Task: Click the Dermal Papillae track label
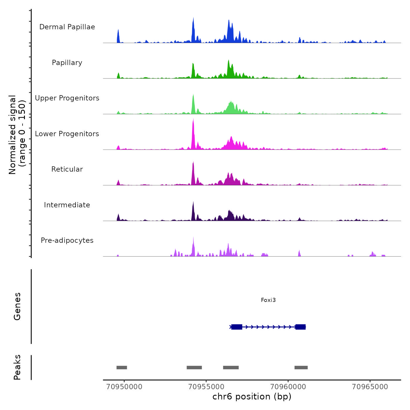point(67,27)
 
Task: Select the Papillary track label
point(67,63)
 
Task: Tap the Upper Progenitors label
point(67,98)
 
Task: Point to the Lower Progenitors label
point(67,134)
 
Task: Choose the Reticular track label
point(67,169)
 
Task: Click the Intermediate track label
point(67,205)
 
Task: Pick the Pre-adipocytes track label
point(67,240)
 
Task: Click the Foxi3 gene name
point(268,300)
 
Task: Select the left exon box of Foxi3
point(237,327)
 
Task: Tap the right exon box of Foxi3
point(300,327)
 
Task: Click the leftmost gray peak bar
point(122,368)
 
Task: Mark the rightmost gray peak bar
point(301,368)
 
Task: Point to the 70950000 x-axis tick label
point(124,387)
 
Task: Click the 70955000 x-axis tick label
point(206,387)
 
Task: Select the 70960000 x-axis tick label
point(288,387)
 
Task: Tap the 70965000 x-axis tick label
point(370,387)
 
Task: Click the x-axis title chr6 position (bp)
point(252,397)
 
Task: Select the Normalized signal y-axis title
point(17,134)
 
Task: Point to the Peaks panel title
point(17,367)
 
